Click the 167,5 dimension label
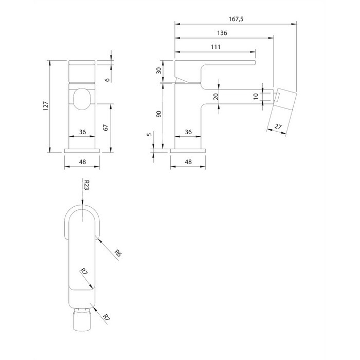coord(236,19)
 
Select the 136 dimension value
coord(222,33)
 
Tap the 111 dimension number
coord(215,47)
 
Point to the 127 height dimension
coord(46,106)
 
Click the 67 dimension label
coord(105,128)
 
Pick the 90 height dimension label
coord(158,114)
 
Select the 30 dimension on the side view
coord(158,70)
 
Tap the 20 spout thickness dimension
coord(216,97)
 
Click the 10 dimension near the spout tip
coord(256,96)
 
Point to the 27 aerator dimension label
coord(278,127)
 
